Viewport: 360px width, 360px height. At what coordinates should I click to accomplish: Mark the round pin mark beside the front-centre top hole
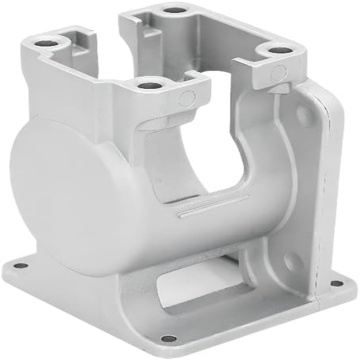(x=186, y=98)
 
